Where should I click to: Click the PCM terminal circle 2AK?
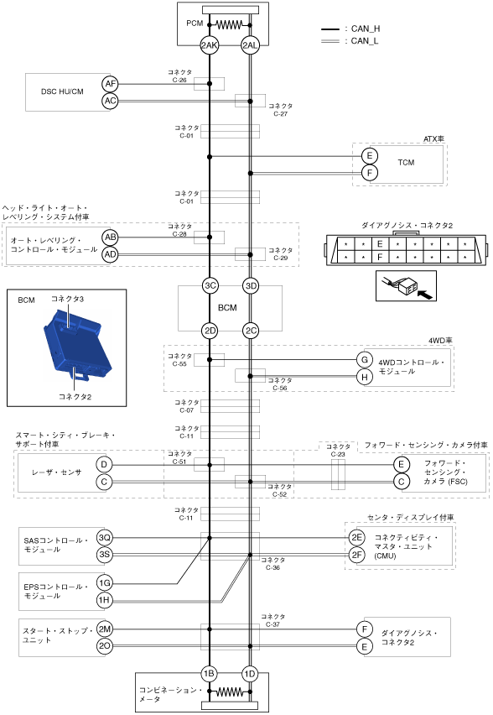(210, 45)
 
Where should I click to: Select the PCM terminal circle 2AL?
(250, 45)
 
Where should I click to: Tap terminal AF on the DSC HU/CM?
(111, 84)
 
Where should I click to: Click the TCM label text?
(406, 162)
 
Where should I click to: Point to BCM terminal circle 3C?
(210, 286)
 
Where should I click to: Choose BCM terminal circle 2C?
(251, 331)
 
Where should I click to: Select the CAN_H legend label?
(366, 29)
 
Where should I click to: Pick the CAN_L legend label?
(365, 41)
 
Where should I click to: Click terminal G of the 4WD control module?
(365, 360)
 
